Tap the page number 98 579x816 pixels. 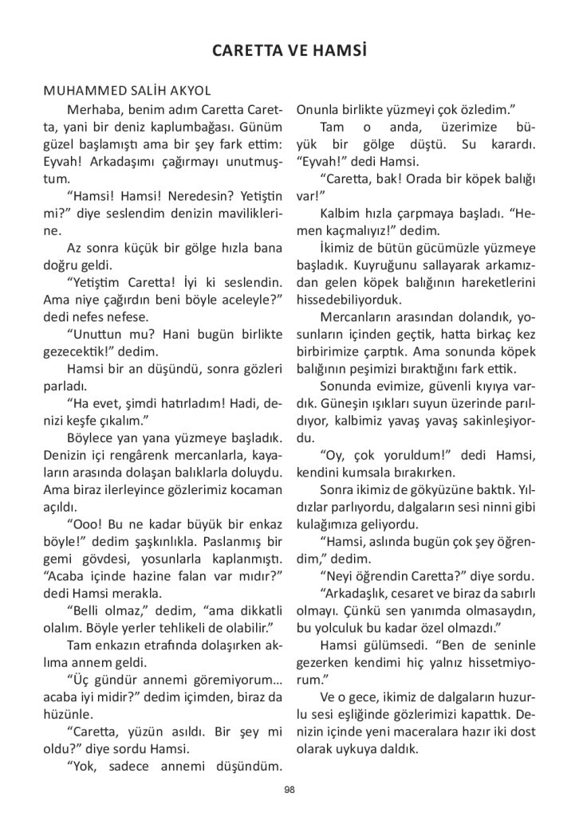click(289, 790)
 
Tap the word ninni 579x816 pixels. click(494, 506)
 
